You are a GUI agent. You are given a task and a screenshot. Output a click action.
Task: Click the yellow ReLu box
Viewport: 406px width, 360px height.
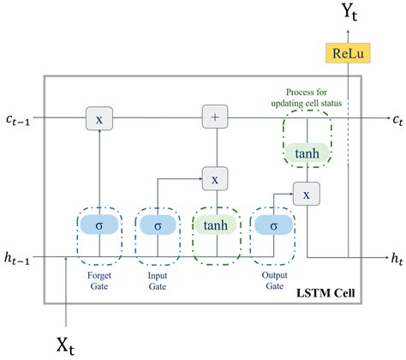(347, 53)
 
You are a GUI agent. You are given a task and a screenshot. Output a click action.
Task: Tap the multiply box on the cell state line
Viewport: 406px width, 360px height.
(99, 119)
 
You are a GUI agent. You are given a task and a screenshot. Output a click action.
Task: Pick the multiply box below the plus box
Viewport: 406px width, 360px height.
(214, 179)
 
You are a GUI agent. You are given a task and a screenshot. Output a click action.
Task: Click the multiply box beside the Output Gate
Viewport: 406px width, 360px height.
(305, 194)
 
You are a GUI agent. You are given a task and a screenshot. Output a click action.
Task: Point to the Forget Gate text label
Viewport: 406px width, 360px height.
(99, 281)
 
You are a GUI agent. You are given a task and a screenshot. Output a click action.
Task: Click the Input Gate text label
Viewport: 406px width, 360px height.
(157, 281)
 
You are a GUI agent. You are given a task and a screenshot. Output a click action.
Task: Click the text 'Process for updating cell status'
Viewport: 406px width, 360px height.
(306, 99)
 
